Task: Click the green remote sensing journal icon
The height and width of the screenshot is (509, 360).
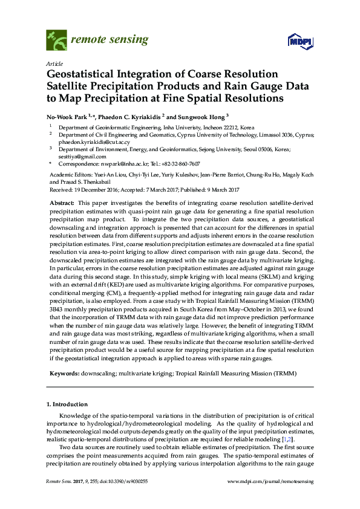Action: [x=57, y=41]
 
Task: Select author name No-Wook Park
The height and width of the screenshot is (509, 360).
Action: [x=70, y=117]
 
